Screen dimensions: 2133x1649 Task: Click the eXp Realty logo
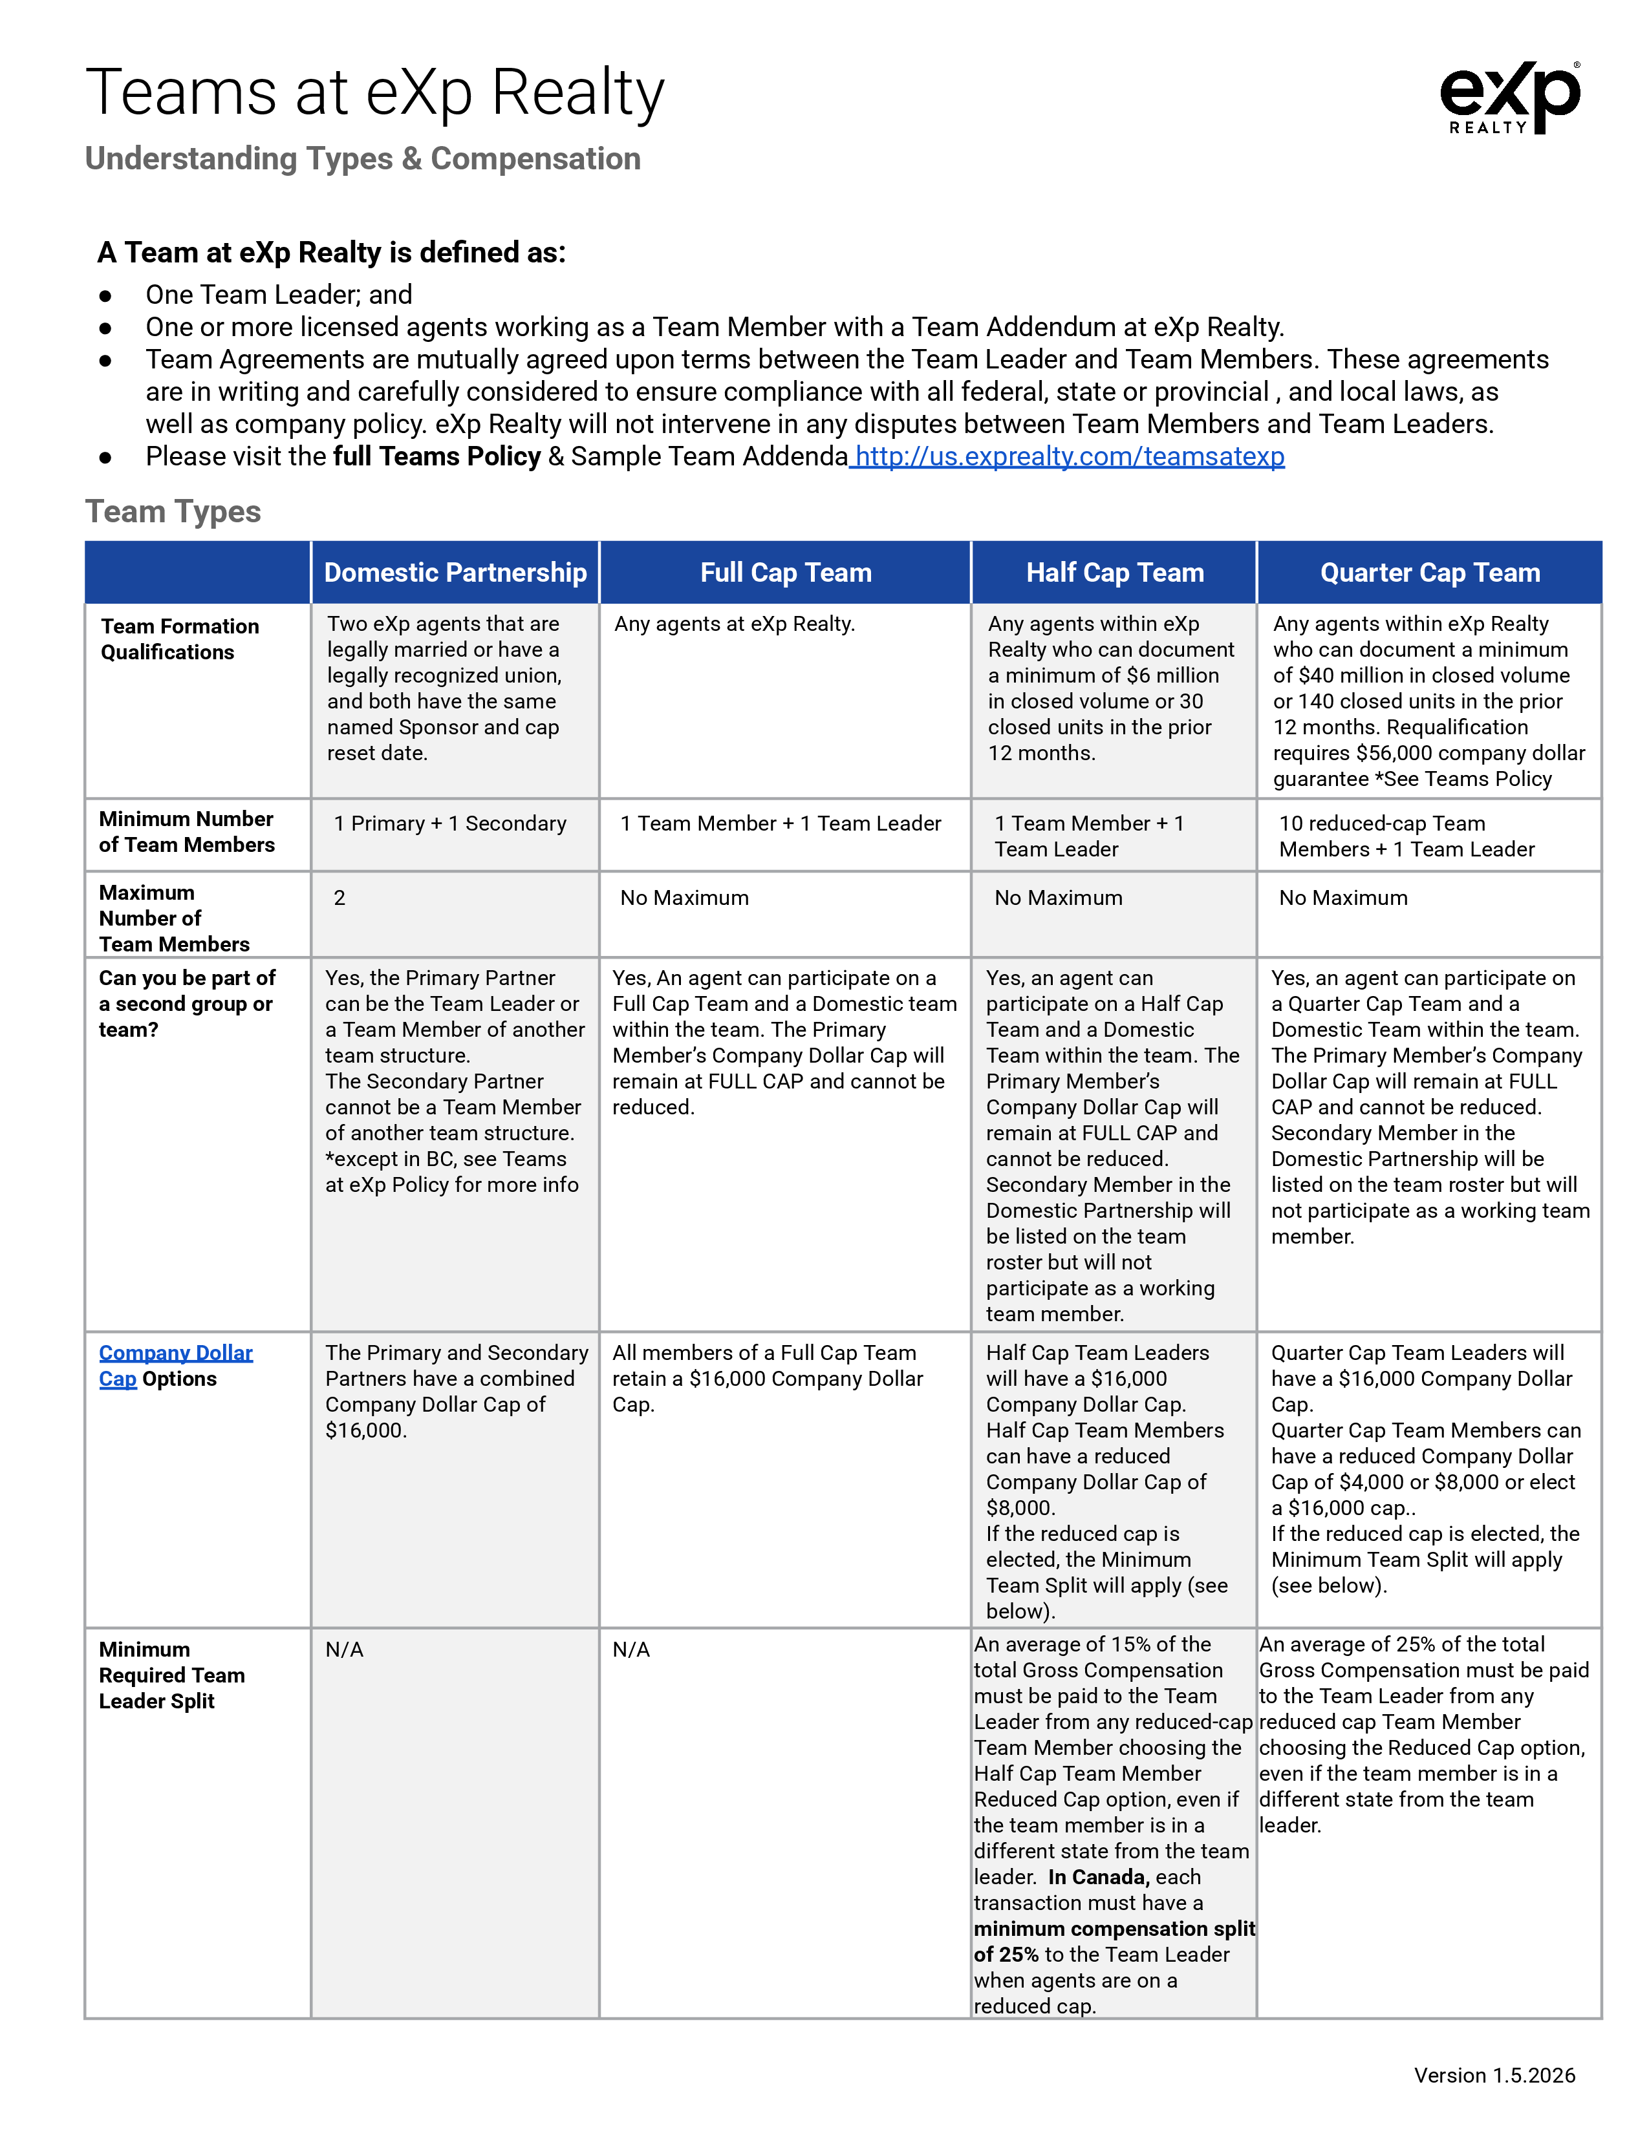pos(1509,98)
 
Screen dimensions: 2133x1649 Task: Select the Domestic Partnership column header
pos(455,572)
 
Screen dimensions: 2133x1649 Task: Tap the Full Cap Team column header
pos(786,572)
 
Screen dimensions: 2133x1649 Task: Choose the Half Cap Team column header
pos(1115,572)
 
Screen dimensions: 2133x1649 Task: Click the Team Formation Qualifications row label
pos(180,639)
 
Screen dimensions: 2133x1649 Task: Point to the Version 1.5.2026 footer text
pos(1494,2075)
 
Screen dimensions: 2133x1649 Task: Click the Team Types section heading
pos(173,512)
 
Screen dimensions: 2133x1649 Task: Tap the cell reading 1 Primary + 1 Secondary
pos(449,823)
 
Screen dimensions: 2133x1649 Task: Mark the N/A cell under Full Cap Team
pos(631,1650)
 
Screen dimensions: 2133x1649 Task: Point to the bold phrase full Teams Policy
pos(436,456)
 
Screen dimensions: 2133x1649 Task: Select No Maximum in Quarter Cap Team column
pos(1343,898)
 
